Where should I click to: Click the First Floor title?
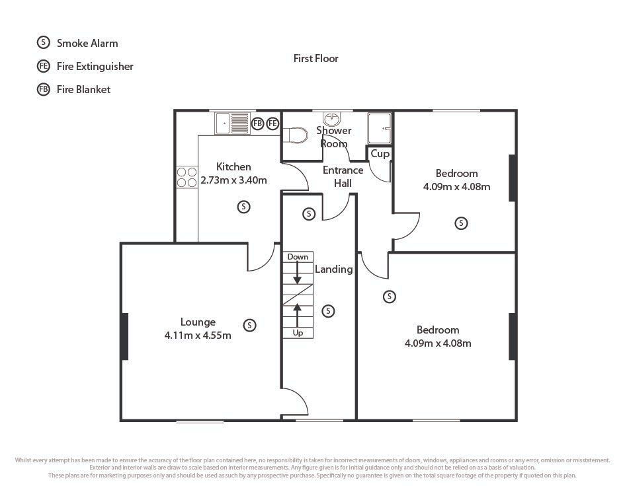[x=315, y=59]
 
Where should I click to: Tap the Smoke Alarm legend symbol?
[x=43, y=42]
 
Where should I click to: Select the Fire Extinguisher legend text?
[x=95, y=66]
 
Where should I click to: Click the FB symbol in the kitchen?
[x=257, y=123]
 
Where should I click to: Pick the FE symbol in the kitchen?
[x=272, y=123]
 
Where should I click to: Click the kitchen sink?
[x=232, y=123]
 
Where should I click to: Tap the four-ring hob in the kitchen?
[x=187, y=177]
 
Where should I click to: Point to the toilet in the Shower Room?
[x=295, y=135]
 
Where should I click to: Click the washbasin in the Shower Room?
[x=332, y=119]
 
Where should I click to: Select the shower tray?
[x=380, y=128]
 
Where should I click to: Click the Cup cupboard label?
[x=380, y=153]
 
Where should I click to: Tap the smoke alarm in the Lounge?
[x=249, y=325]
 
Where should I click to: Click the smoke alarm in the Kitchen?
[x=243, y=207]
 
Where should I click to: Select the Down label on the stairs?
[x=298, y=257]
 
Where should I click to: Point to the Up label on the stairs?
[x=298, y=333]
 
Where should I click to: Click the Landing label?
[x=333, y=269]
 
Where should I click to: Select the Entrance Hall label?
[x=343, y=177]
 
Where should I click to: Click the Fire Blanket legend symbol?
[x=43, y=89]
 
